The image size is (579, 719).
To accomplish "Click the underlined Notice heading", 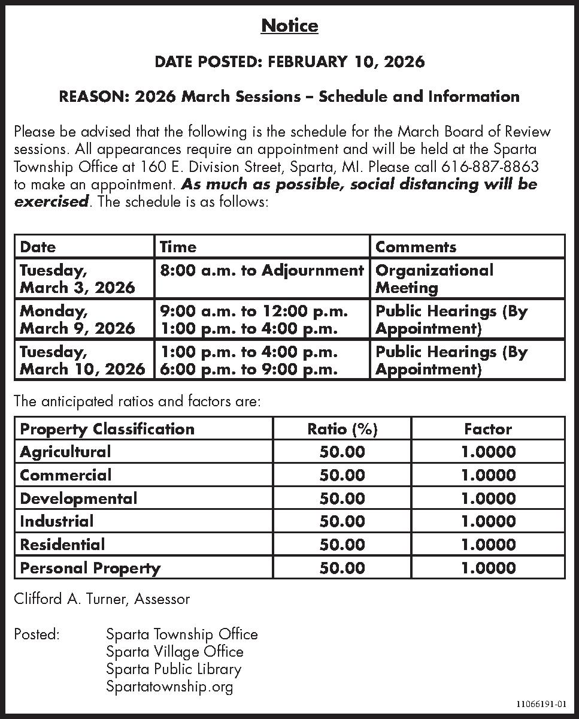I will click(x=290, y=26).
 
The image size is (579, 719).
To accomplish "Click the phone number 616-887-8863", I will click(x=490, y=167).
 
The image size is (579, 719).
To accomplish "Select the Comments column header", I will click(x=416, y=247).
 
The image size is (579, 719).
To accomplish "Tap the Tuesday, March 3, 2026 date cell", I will click(x=78, y=279).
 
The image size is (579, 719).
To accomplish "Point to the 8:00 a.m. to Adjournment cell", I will click(x=262, y=270).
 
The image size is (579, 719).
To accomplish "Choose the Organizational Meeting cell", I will click(x=434, y=279).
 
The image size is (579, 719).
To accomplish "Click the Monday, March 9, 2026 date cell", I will click(x=78, y=319).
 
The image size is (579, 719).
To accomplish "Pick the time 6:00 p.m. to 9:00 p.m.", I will click(x=248, y=369).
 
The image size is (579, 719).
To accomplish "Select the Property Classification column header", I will click(x=107, y=429).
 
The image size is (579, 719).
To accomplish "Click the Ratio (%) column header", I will click(x=342, y=429).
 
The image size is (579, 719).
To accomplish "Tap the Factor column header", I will click(x=488, y=429).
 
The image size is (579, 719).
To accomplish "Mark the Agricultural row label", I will click(x=65, y=452).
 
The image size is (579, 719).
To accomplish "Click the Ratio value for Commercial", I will click(x=342, y=475).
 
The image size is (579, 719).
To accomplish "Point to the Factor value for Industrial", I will click(x=488, y=521).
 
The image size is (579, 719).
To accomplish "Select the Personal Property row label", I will click(x=90, y=568).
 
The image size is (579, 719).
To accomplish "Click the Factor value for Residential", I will click(x=488, y=545).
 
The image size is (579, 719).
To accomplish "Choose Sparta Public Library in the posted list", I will click(x=174, y=669).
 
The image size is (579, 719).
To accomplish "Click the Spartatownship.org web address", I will click(x=169, y=687).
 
